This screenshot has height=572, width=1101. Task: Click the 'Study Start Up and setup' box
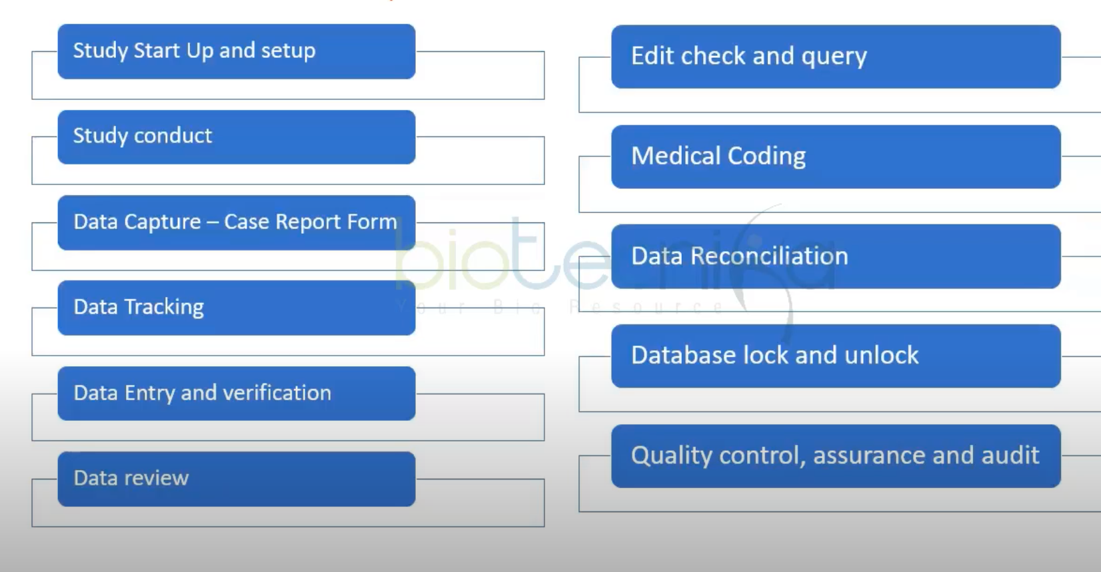[236, 52]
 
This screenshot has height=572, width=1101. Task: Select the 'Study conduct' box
[236, 137]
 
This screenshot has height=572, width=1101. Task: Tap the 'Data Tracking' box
[236, 308]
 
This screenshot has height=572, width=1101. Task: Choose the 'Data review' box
[236, 479]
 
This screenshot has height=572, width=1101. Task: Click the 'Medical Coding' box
[835, 156]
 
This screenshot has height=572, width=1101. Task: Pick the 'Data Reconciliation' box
[835, 256]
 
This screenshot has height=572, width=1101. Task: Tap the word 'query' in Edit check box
[834, 57]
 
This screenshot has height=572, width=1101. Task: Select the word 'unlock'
[881, 356]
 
